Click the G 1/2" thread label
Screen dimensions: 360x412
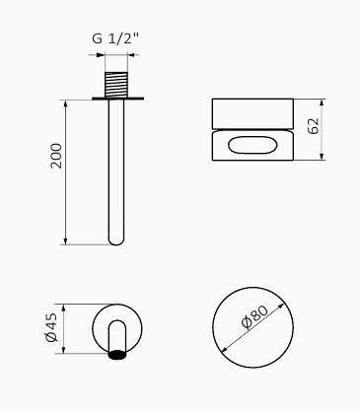[x=115, y=39]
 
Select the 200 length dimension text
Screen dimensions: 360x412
[x=56, y=156]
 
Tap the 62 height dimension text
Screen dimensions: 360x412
[x=314, y=125]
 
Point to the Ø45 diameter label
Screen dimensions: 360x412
[x=51, y=327]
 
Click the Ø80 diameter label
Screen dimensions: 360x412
[x=255, y=317]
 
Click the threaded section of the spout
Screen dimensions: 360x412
[x=116, y=85]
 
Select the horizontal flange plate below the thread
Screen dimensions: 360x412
[x=117, y=99]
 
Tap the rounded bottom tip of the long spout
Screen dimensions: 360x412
[x=116, y=241]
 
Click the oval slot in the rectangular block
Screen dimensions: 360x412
[x=252, y=145]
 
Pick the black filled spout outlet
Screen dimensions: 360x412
[x=117, y=355]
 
